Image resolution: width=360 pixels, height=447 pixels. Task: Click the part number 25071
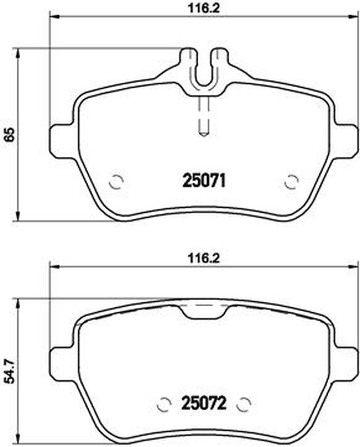coord(204,180)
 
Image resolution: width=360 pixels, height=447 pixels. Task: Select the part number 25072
coord(204,403)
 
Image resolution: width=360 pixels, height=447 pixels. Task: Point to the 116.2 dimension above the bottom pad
coord(204,259)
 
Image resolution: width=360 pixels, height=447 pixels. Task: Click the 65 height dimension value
coord(9,134)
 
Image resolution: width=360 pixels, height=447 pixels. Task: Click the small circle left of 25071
coord(116,181)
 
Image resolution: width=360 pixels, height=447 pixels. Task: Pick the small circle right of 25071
coord(291,181)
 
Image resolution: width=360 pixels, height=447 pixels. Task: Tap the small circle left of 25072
coord(164,404)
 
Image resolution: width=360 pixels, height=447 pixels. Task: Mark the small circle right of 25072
coord(244,404)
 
